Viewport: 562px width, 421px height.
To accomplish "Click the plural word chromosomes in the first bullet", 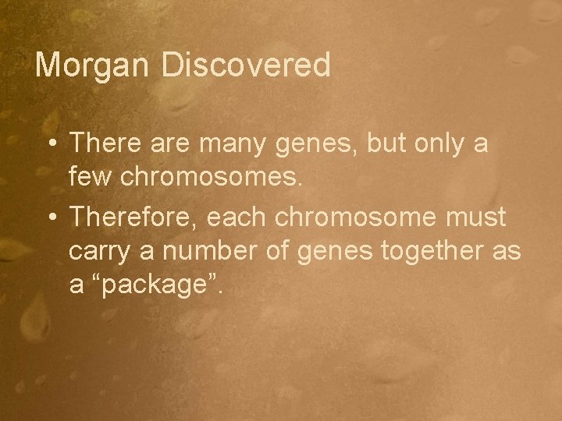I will click(208, 180).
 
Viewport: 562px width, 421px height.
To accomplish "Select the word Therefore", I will click(133, 218).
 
